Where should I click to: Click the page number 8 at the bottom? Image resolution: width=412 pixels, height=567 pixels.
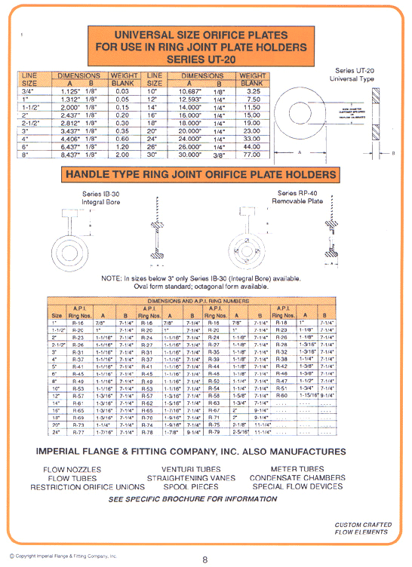click(x=204, y=559)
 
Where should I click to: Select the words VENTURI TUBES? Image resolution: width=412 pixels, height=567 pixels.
click(x=182, y=468)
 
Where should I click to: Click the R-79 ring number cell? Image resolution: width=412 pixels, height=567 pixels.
click(x=213, y=432)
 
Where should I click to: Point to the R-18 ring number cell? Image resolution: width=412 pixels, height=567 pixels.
click(x=281, y=321)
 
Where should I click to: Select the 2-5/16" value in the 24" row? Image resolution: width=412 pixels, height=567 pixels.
click(x=241, y=432)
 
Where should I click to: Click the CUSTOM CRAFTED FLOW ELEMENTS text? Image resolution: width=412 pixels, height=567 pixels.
click(x=361, y=528)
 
